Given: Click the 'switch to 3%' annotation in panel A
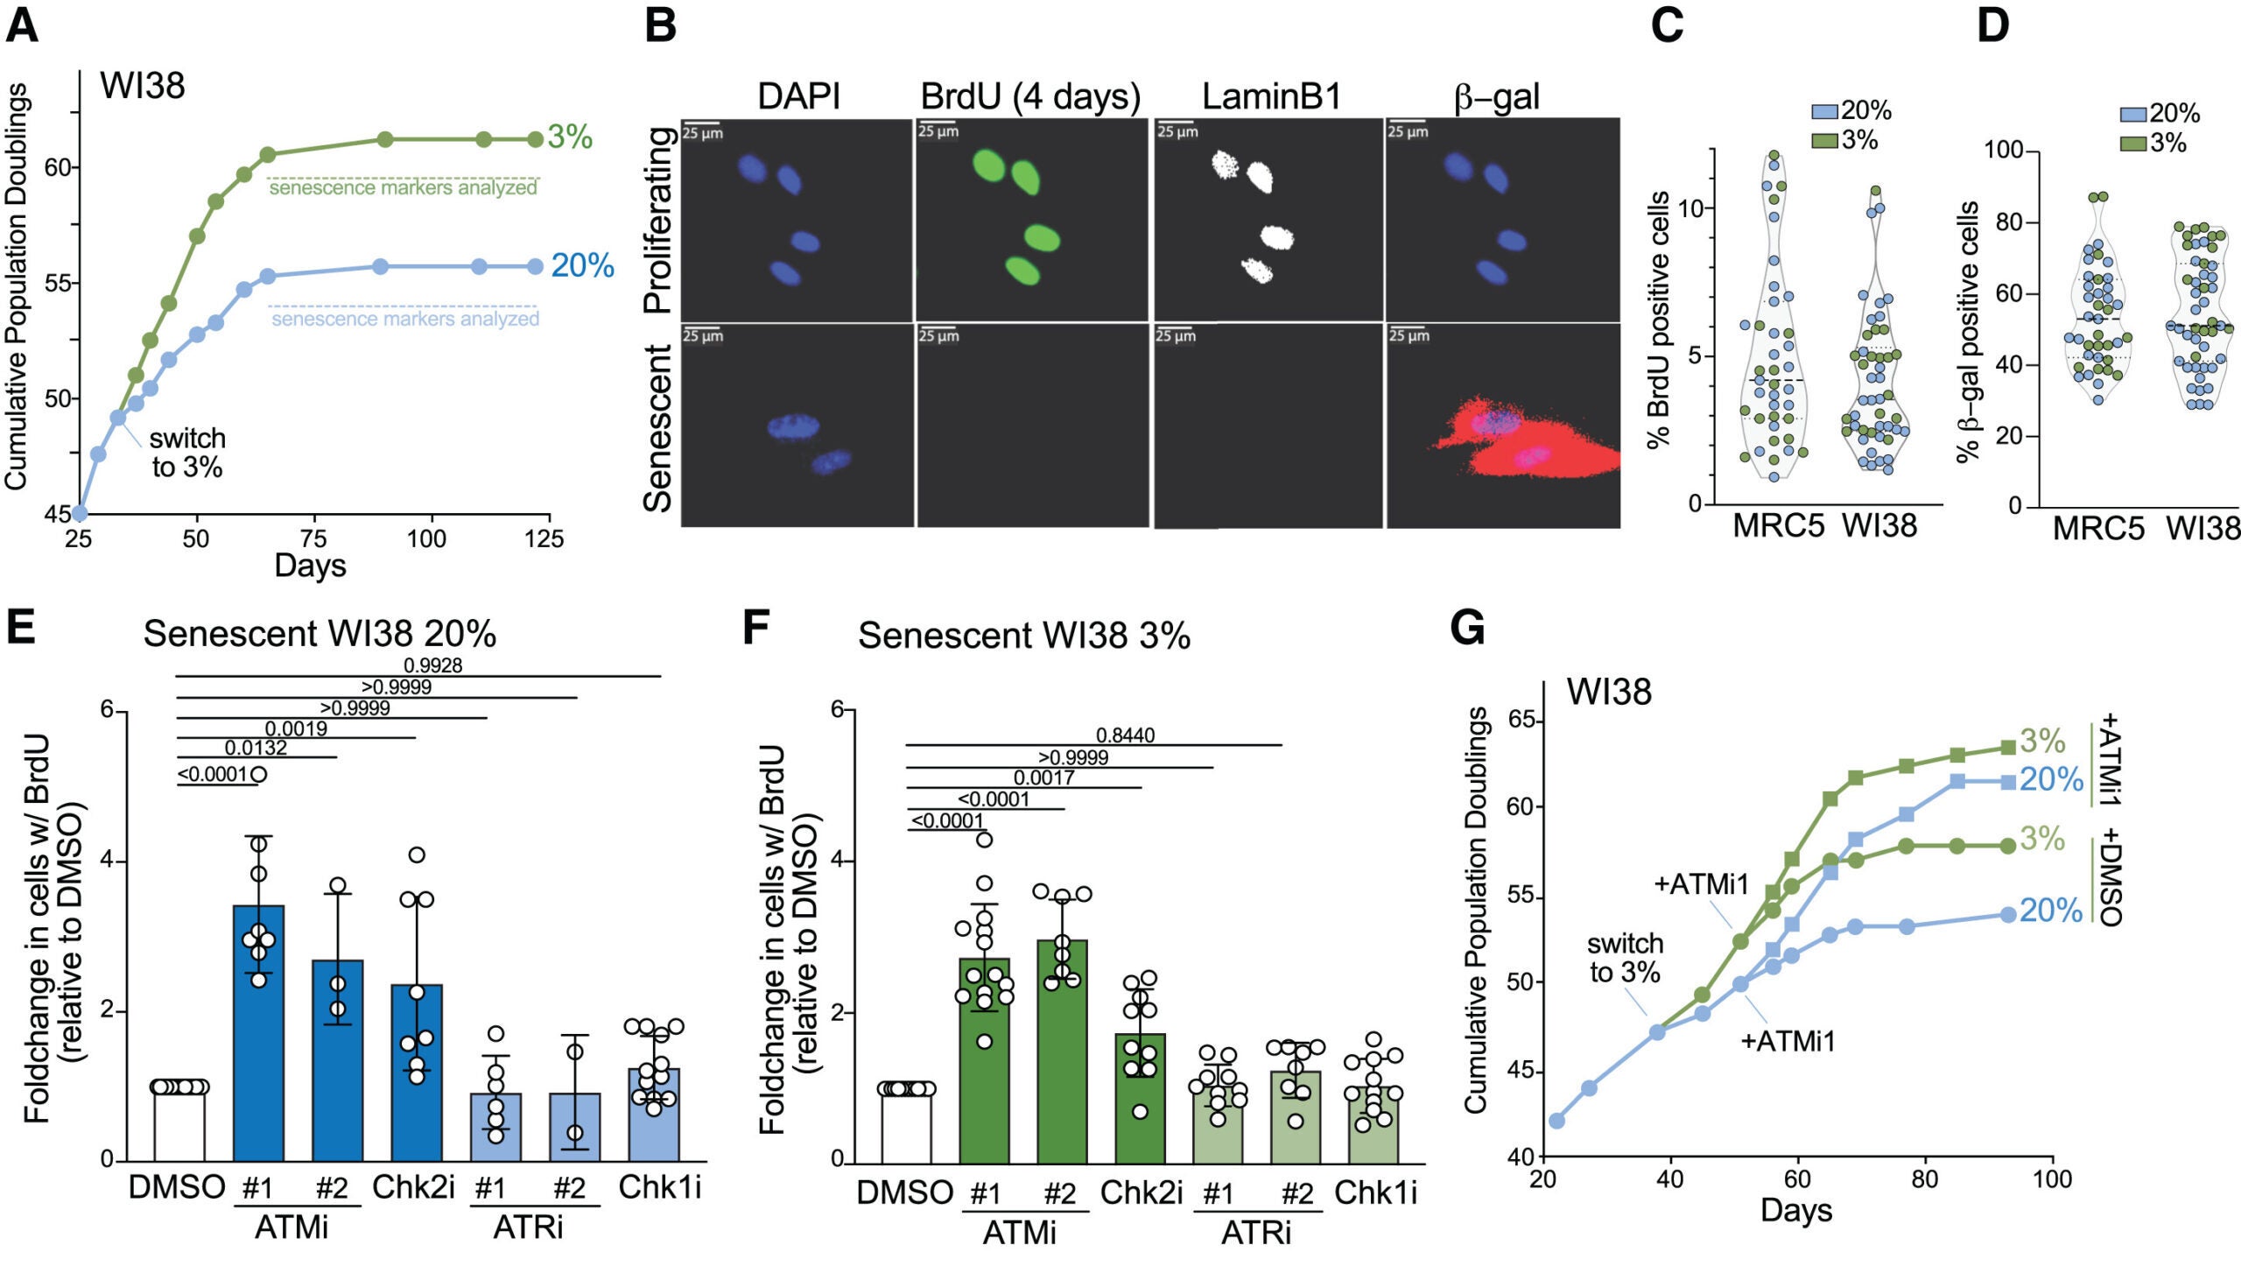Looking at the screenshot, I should (186, 453).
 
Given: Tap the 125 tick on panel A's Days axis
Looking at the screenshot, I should (544, 538).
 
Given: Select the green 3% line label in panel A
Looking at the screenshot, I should (570, 137).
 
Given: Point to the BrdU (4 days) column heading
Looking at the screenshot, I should (1030, 96).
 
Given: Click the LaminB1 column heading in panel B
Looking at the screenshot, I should (1271, 96).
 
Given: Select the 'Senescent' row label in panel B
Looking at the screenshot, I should (658, 427).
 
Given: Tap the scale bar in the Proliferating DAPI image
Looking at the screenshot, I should (700, 123).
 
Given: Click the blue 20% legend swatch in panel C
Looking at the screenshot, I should (1824, 111).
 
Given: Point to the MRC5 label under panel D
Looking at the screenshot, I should (2098, 529).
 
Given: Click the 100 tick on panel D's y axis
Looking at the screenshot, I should (2003, 150).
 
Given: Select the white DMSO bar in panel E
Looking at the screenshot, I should (179, 1125).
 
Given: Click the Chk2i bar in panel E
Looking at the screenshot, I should (417, 1073).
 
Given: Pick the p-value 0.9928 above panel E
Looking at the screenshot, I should (432, 665).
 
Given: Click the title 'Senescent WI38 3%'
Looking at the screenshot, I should (1023, 636).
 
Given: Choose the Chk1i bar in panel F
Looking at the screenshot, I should (1373, 1125).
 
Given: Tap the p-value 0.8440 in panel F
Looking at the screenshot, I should (1125, 735).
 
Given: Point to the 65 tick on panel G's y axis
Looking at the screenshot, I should (1525, 721).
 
